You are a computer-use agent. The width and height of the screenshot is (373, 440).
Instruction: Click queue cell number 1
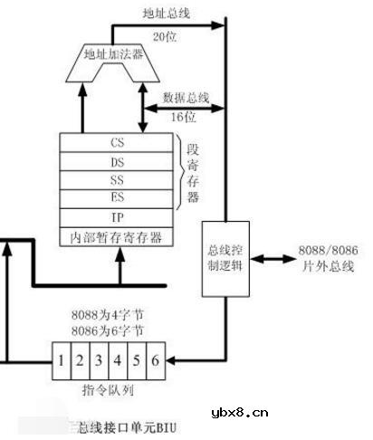(x=62, y=359)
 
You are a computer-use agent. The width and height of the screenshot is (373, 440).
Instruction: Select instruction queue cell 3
(x=97, y=359)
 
